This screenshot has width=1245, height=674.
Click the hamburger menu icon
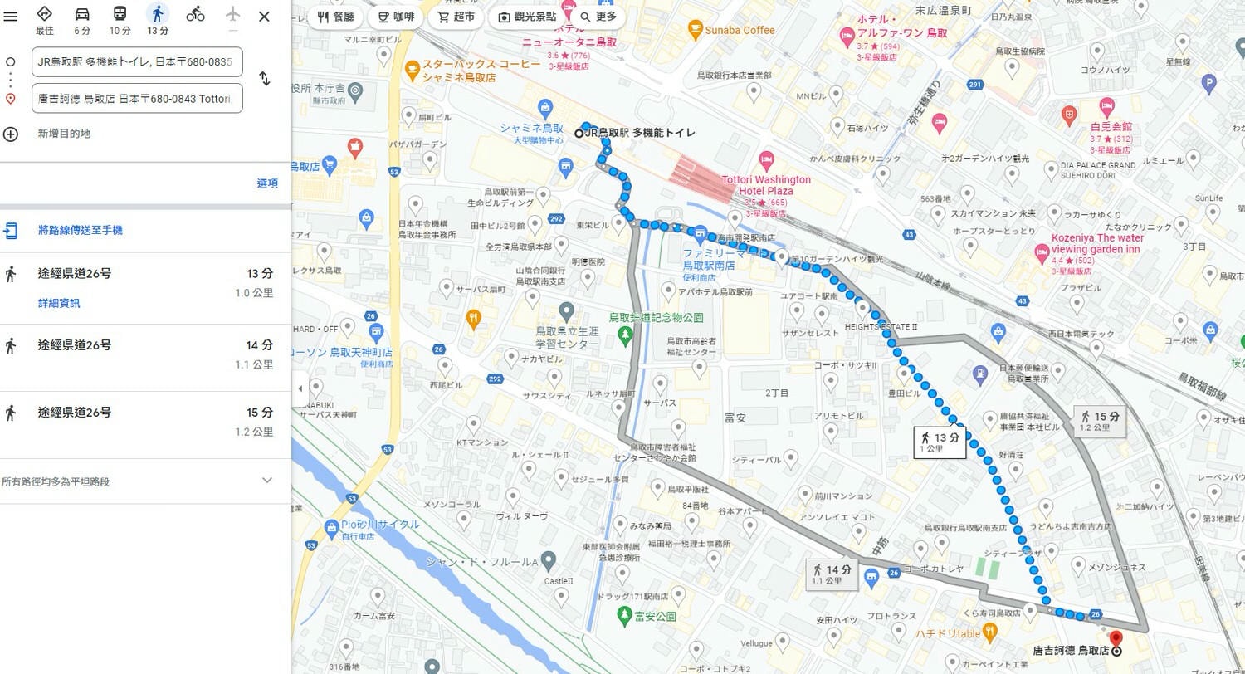pyautogui.click(x=11, y=17)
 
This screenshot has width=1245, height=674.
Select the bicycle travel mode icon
pyautogui.click(x=195, y=14)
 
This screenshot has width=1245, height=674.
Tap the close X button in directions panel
pyautogui.click(x=264, y=17)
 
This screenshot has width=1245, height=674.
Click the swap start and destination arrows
pyautogui.click(x=264, y=79)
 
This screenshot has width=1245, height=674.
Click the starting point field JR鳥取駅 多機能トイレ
pyautogui.click(x=138, y=61)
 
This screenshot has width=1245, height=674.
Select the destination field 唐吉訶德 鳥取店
pyautogui.click(x=138, y=98)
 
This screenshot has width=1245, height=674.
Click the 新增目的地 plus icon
pyautogui.click(x=11, y=134)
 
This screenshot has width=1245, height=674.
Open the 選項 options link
pyautogui.click(x=267, y=183)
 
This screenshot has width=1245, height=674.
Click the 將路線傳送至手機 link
pyautogui.click(x=80, y=230)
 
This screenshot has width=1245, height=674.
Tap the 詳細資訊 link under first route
pyautogui.click(x=59, y=303)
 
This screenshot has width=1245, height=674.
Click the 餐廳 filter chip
pyautogui.click(x=336, y=17)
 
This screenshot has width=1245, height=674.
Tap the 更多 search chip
pyautogui.click(x=598, y=17)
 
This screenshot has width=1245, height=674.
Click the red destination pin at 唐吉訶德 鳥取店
pyautogui.click(x=1116, y=639)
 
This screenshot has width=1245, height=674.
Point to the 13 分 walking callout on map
pyautogui.click(x=940, y=442)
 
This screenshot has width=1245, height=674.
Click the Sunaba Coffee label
pyautogui.click(x=740, y=31)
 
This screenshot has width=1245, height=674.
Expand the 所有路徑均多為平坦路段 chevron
pyautogui.click(x=266, y=481)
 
